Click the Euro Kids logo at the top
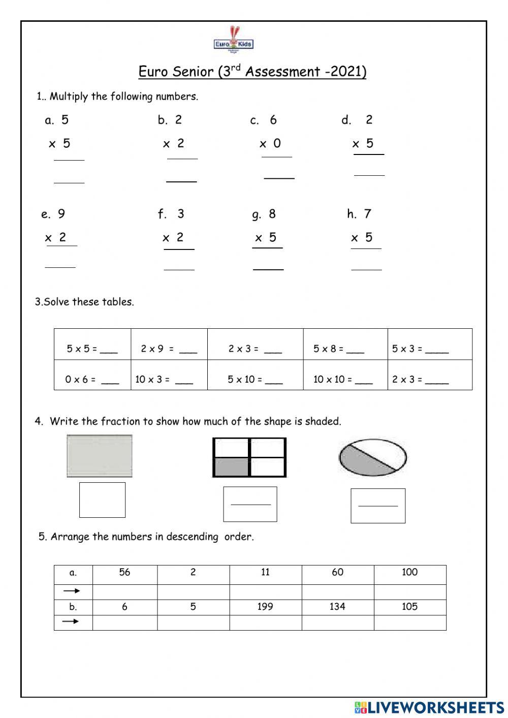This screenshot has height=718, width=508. point(233,40)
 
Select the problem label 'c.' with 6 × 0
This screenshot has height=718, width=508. point(255,120)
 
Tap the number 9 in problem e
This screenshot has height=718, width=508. point(61,214)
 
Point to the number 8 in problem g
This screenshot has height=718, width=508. point(272,214)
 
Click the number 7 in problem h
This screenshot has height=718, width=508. point(367,214)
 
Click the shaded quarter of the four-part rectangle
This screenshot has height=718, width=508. point(232,466)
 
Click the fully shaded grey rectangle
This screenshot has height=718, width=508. point(100,456)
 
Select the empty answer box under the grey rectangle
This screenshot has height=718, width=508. point(102,500)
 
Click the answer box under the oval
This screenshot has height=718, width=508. point(378,506)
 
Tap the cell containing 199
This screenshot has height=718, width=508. point(265,607)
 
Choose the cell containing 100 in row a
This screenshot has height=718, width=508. point(409,573)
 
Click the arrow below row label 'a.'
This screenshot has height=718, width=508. point(72,591)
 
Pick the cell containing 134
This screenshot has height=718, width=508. point(337,607)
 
